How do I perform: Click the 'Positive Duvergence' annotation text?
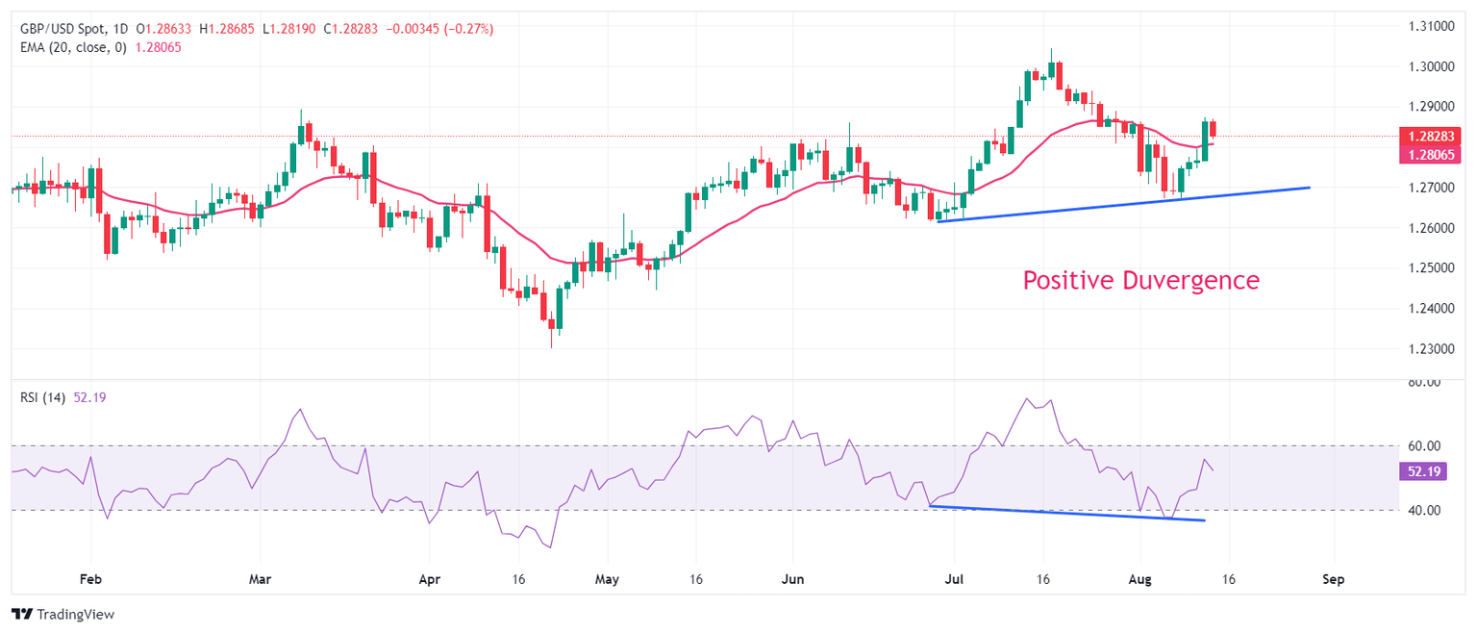click(x=1140, y=280)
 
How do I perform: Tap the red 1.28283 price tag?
click(x=1431, y=137)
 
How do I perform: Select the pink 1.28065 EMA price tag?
click(x=1431, y=154)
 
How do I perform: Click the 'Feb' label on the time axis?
click(x=90, y=580)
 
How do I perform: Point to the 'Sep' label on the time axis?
click(x=1333, y=580)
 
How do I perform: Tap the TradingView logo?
click(x=63, y=614)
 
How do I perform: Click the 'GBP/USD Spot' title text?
click(x=64, y=29)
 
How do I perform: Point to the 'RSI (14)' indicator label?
click(x=42, y=397)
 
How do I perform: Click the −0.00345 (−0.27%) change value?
click(x=439, y=29)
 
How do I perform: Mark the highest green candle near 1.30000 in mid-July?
click(x=1051, y=68)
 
